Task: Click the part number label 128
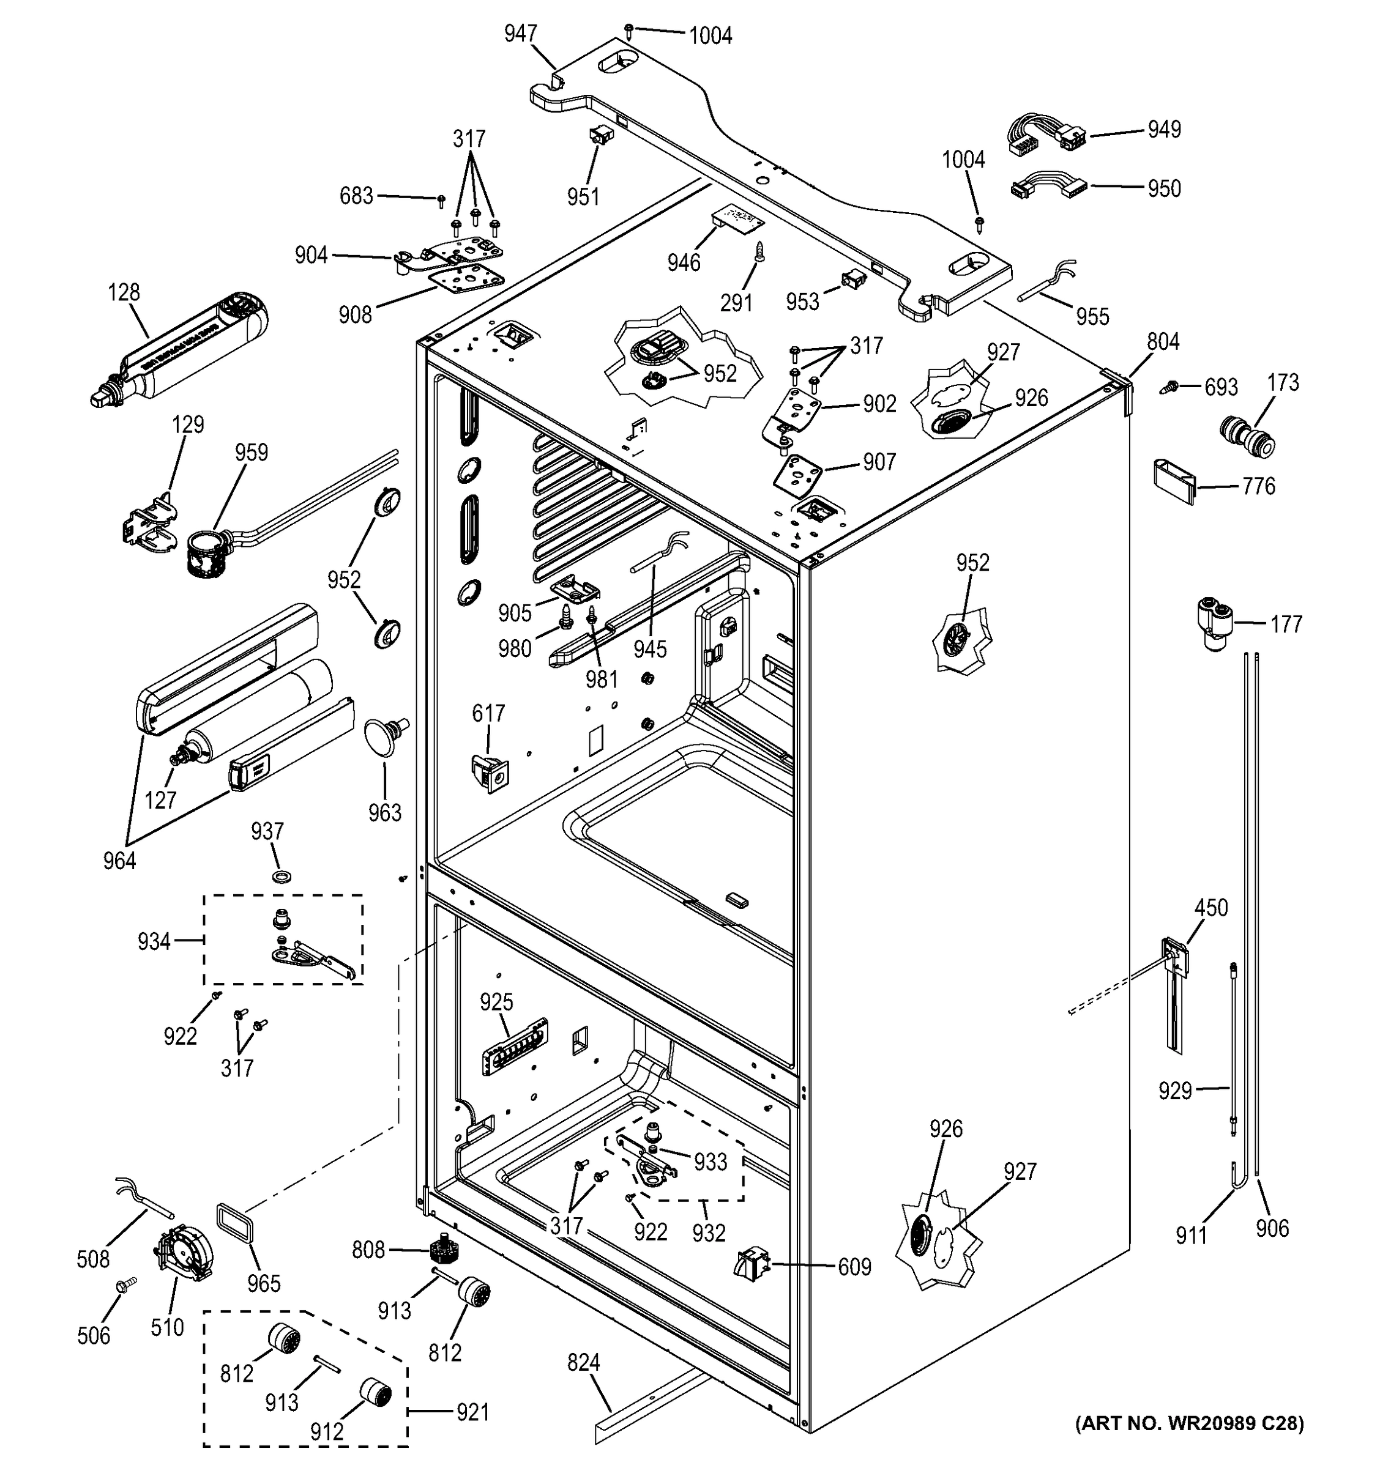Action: [124, 293]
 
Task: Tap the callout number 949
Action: [1163, 130]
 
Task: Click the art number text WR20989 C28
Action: [1190, 1423]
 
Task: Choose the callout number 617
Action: [488, 713]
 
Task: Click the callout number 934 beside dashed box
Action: [154, 941]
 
